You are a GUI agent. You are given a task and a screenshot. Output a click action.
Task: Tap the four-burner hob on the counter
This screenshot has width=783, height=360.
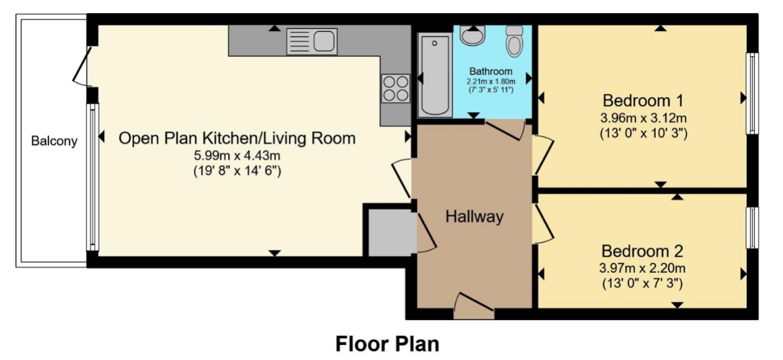point(396,88)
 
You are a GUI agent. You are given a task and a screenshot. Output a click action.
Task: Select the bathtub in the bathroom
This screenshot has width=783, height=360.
point(435,75)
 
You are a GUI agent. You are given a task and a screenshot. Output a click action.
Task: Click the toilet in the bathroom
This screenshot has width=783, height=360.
point(515,41)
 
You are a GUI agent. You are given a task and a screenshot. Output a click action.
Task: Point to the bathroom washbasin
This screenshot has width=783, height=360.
point(472,36)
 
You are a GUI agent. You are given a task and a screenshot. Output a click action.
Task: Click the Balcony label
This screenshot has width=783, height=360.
point(54,141)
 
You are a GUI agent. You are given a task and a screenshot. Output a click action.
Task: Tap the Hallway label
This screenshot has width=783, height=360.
point(474,216)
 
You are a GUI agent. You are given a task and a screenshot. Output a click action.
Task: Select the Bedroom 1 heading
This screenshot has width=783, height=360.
point(643,101)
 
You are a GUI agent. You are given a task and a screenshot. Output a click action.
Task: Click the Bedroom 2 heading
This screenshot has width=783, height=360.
point(642,251)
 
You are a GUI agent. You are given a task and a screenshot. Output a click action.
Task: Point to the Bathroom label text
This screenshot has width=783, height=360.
point(491,71)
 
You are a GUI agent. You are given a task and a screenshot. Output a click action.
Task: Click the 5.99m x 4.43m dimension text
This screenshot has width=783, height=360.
point(237,155)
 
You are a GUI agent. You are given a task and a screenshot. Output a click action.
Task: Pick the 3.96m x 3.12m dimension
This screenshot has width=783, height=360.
point(643,118)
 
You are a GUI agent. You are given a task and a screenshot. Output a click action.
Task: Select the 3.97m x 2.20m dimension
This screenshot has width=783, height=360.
point(642,268)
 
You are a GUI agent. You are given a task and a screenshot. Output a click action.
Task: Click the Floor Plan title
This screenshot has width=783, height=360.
point(387,344)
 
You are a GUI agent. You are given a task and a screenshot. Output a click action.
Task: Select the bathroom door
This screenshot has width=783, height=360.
point(505,130)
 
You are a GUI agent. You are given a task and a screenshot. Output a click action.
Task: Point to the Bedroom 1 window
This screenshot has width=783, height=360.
point(752,93)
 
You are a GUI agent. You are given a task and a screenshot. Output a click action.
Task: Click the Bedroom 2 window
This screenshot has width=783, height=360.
point(752,227)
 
